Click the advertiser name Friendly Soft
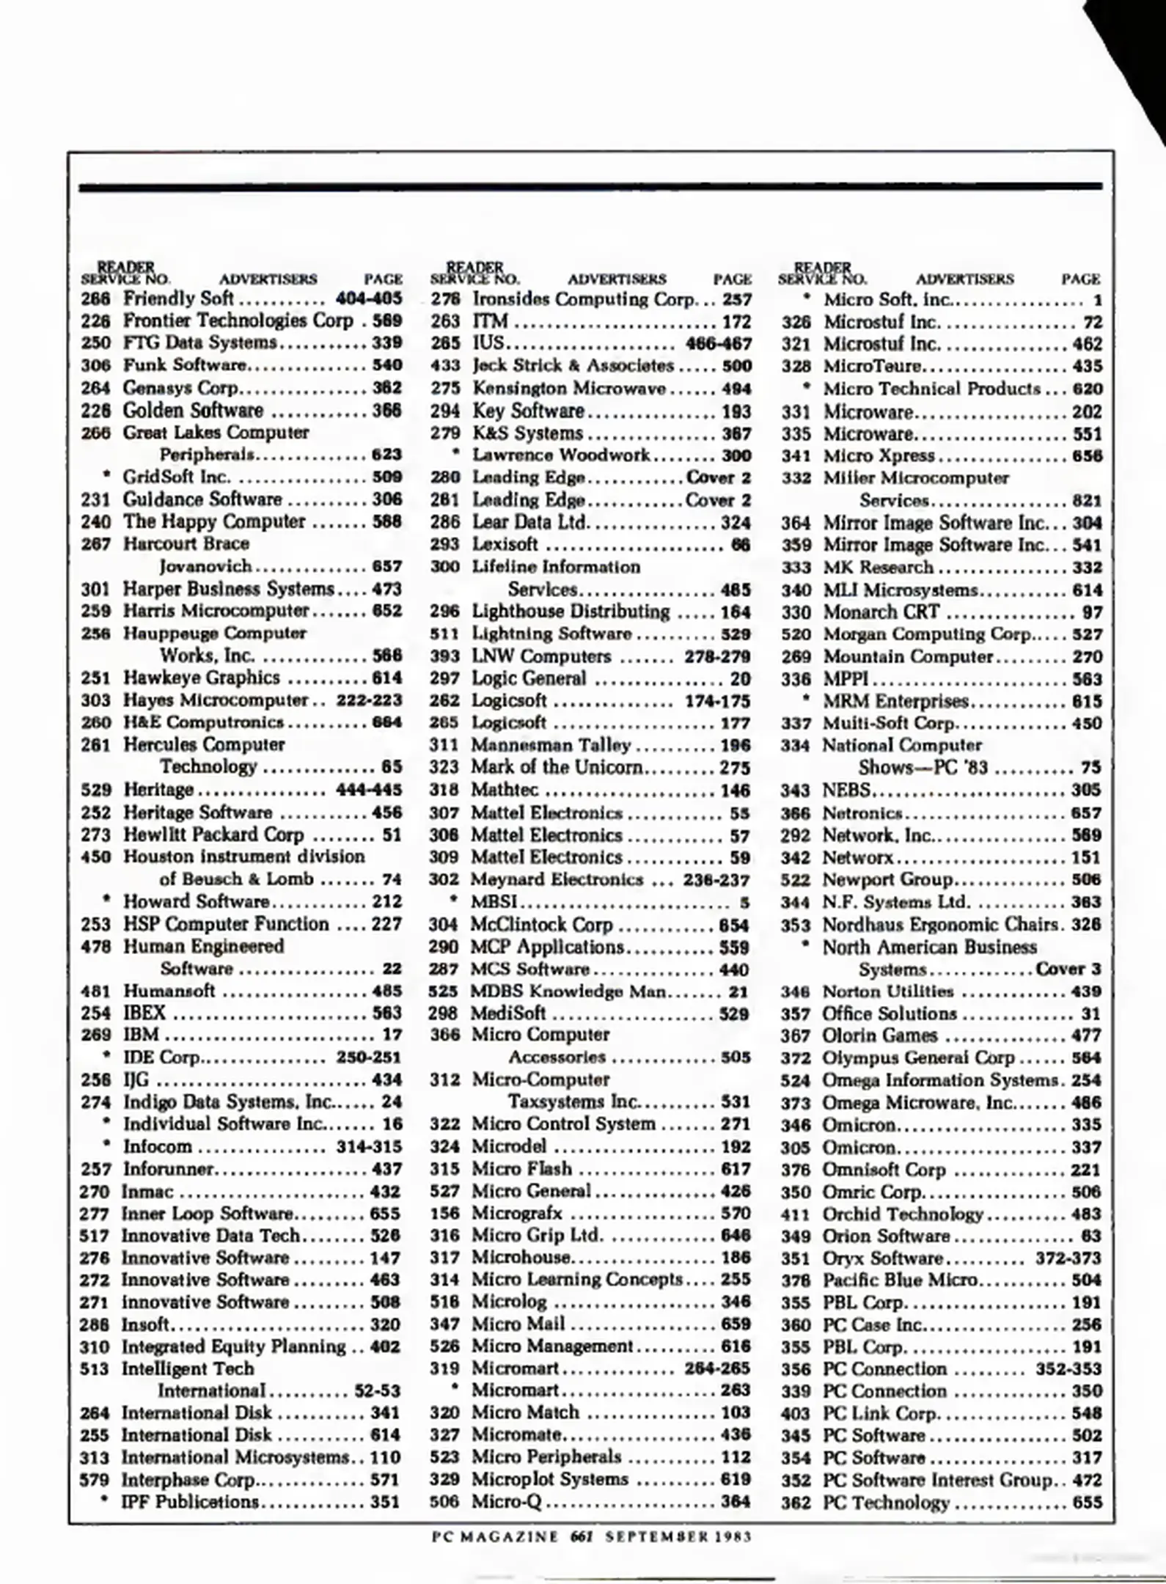tap(178, 298)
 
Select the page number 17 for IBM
tap(392, 1035)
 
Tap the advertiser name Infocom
tap(157, 1146)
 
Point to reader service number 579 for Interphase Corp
tap(94, 1480)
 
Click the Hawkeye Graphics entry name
tap(201, 678)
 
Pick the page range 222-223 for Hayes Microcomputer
tap(369, 700)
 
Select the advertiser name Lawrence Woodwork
tap(561, 455)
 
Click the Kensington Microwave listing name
tap(569, 388)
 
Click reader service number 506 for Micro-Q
tap(444, 1502)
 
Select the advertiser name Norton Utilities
tap(888, 991)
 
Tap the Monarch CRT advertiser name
tap(881, 612)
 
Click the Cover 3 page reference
tap(1068, 969)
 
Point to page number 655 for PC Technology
tap(1087, 1503)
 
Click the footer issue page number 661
tap(582, 1536)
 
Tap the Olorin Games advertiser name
tap(880, 1035)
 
